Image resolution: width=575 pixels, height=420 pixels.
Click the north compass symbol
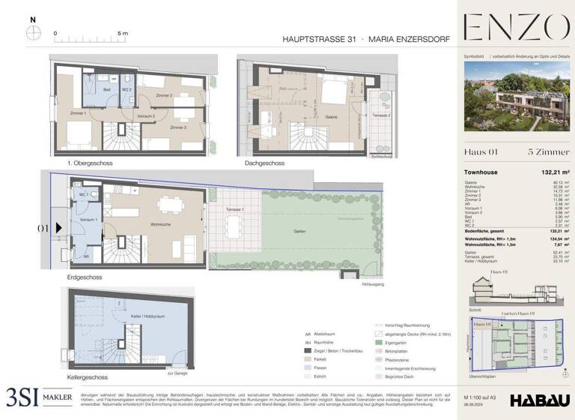[33, 32]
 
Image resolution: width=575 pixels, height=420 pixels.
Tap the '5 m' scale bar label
[123, 34]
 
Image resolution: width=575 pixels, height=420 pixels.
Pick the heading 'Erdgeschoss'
[85, 277]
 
